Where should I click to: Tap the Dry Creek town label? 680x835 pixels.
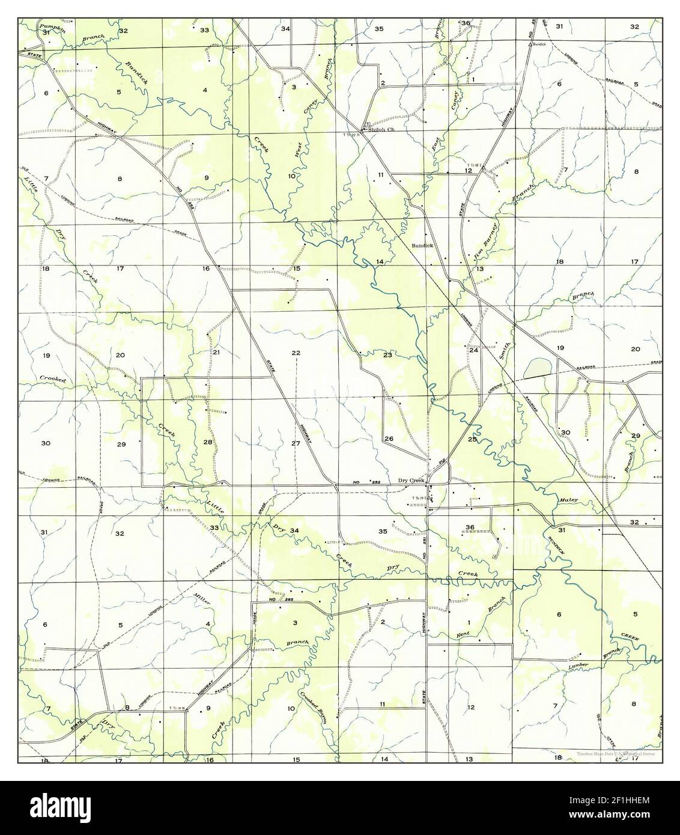pos(412,481)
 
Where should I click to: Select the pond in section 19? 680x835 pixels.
pos(536,368)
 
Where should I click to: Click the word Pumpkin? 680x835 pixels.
pos(52,27)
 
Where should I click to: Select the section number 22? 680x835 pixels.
pos(296,353)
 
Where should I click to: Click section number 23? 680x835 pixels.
pos(387,356)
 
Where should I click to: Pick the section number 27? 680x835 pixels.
pos(296,443)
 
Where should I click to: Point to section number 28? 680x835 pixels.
pos(208,442)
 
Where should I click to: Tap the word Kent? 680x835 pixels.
pos(463,634)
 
